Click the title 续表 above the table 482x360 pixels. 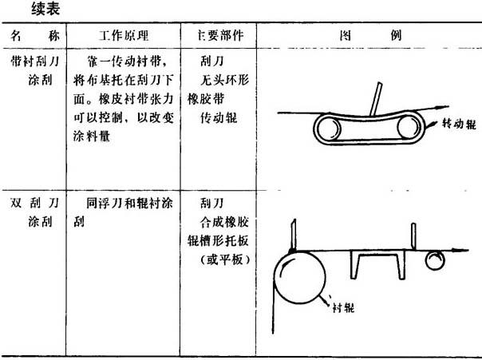click(x=45, y=9)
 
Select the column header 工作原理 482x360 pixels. click(x=124, y=36)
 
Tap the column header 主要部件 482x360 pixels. click(x=220, y=36)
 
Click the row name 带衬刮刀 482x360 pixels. click(x=35, y=61)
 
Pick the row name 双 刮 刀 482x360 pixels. click(x=35, y=203)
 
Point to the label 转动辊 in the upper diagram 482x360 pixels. click(x=459, y=124)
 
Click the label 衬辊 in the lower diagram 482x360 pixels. click(x=343, y=307)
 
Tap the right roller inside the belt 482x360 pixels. click(x=409, y=127)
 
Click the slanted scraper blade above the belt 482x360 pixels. click(x=376, y=99)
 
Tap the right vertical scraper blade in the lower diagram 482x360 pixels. click(x=413, y=236)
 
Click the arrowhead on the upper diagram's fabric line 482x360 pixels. click(x=442, y=108)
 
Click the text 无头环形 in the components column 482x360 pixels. click(x=225, y=80)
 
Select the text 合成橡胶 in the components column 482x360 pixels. click(x=224, y=222)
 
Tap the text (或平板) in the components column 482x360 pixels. click(x=225, y=259)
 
